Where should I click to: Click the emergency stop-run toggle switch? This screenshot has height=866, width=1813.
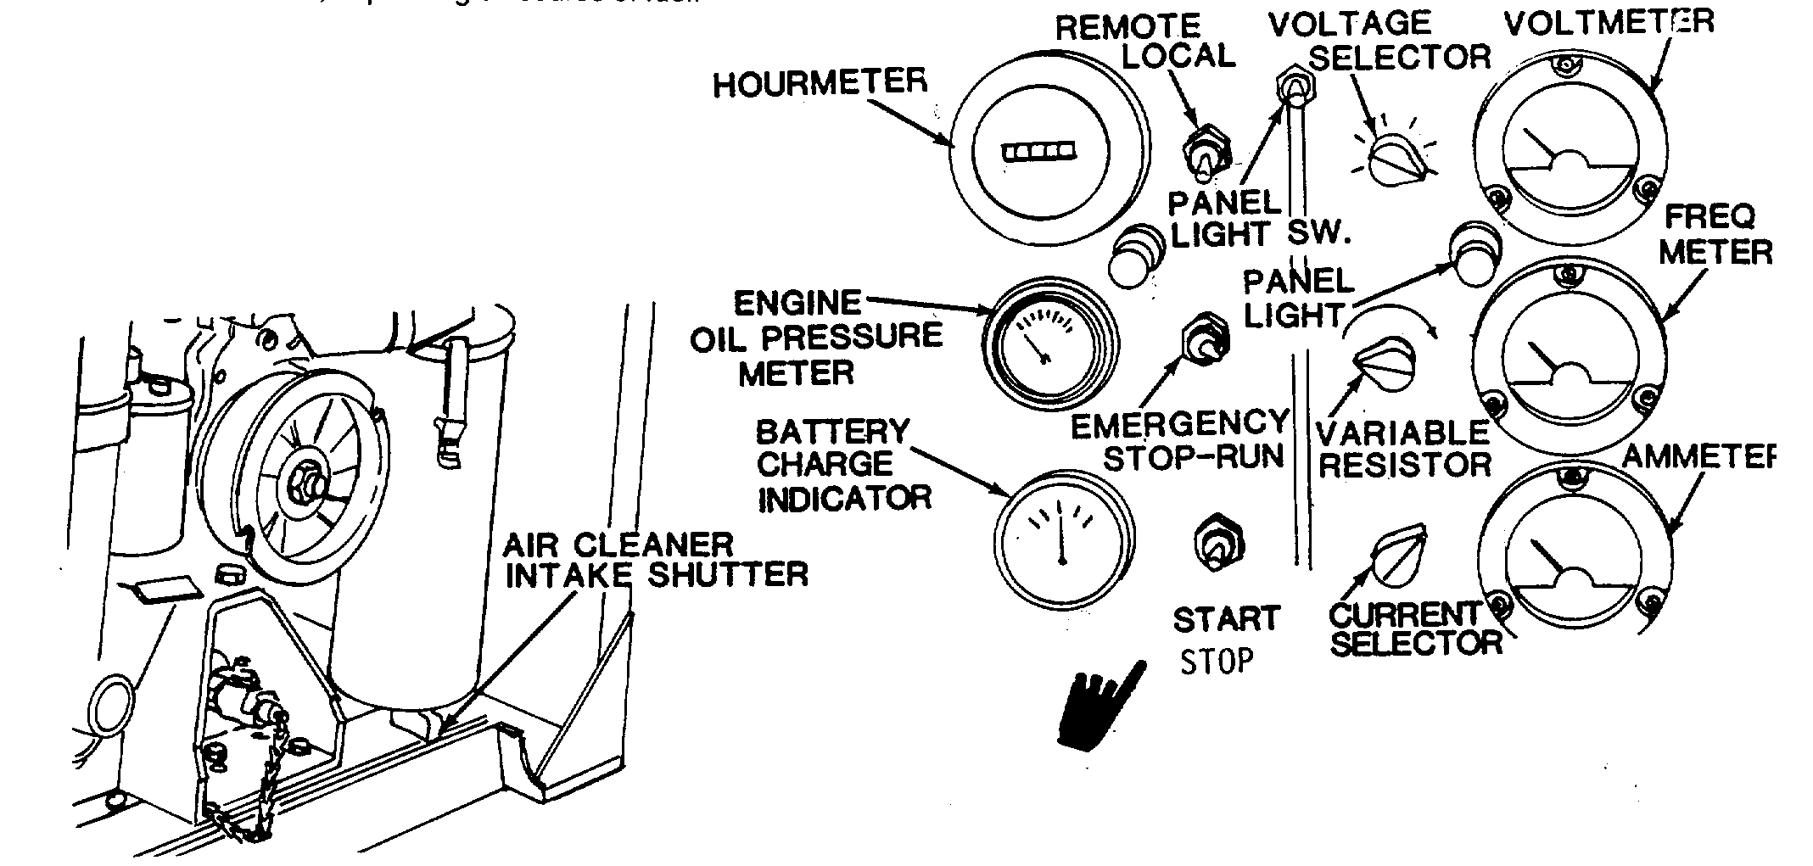(1205, 338)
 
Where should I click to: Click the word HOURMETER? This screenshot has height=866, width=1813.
(820, 83)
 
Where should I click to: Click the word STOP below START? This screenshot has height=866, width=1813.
(1217, 661)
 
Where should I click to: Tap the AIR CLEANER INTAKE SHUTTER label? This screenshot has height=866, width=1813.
(655, 560)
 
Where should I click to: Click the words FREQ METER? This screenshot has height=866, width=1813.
(1715, 235)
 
